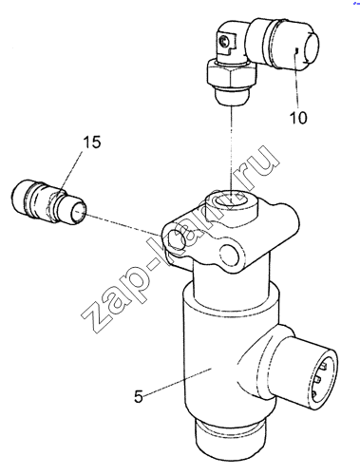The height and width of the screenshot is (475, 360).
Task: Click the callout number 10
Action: coord(298,118)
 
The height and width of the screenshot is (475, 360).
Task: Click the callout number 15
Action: coord(92,142)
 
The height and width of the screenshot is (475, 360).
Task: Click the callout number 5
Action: coord(139,396)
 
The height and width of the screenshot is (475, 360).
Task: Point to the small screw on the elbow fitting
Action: coord(224,41)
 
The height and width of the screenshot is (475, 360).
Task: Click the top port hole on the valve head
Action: coord(231,200)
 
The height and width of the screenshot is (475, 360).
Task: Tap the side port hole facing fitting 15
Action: coord(176,238)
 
